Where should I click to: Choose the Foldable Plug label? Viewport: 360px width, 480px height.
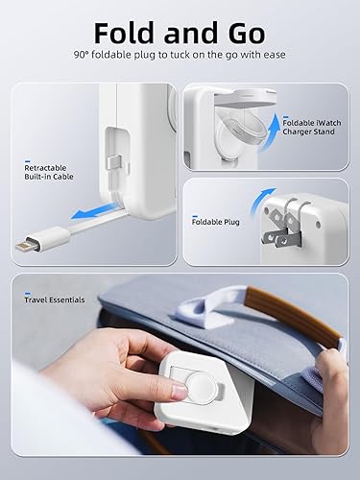(217, 222)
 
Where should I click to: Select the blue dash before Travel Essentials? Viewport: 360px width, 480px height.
(18, 300)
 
